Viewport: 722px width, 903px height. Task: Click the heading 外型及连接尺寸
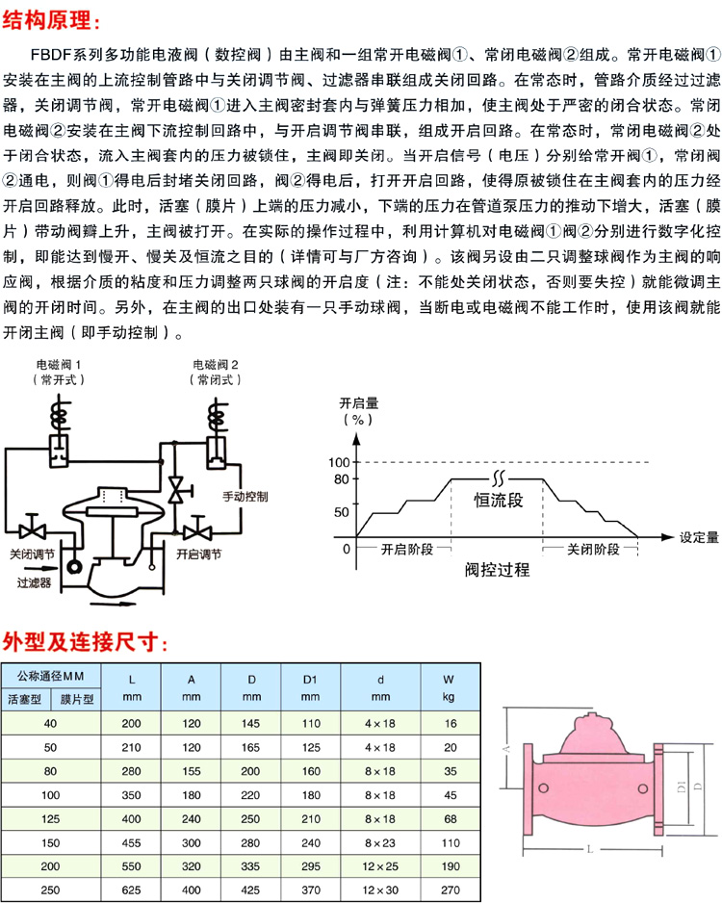tap(87, 641)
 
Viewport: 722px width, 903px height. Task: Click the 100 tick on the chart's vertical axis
tap(339, 463)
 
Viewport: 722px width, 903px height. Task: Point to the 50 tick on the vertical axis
tap(342, 512)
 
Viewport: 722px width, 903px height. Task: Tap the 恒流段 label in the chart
tap(497, 501)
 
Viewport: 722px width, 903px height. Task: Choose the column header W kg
tap(449, 687)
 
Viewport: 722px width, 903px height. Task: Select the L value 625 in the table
tap(132, 890)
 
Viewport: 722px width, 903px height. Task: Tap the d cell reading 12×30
tap(380, 890)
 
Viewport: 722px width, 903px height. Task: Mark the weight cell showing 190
tap(449, 867)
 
